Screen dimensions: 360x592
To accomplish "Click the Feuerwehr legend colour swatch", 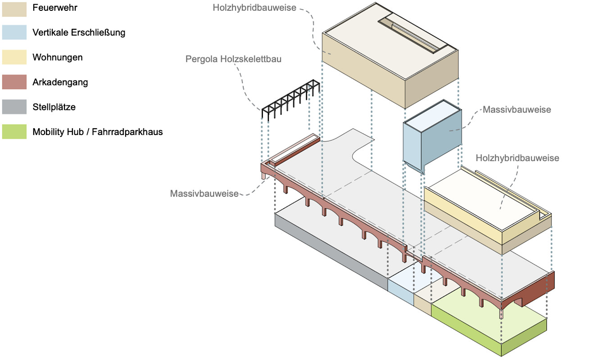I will pos(14,8).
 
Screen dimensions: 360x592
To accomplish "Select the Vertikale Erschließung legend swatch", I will pos(14,33).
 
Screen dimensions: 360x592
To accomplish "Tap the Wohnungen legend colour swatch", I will pos(14,58).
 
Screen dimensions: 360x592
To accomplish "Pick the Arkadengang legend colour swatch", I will pos(14,82).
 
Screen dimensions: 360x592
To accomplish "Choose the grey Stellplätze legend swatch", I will pos(14,107).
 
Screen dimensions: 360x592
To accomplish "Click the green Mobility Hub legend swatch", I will pos(14,132).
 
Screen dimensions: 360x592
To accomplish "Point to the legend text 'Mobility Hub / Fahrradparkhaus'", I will pos(97,132).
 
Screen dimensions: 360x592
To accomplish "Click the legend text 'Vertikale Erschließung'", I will pos(79,33).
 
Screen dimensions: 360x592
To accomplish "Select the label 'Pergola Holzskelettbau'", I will pos(233,59).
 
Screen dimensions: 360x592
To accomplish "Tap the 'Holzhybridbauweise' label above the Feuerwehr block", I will pos(255,8).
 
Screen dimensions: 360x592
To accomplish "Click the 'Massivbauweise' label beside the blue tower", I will pos(516,109).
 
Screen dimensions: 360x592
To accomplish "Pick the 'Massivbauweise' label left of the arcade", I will pos(204,193).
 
